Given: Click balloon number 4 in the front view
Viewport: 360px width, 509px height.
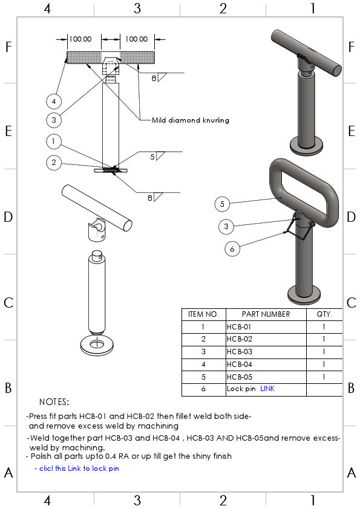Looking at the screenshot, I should pyautogui.click(x=54, y=100).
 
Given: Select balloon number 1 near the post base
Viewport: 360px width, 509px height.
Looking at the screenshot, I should pyautogui.click(x=54, y=141).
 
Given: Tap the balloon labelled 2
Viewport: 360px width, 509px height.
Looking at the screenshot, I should pyautogui.click(x=54, y=162).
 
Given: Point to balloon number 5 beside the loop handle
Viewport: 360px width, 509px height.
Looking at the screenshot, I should pyautogui.click(x=223, y=204).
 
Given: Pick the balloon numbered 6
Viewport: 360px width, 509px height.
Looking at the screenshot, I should pyautogui.click(x=232, y=248).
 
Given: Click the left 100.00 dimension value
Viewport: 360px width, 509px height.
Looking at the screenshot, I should pyautogui.click(x=80, y=39).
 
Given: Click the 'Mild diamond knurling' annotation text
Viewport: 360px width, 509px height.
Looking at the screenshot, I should pyautogui.click(x=191, y=120).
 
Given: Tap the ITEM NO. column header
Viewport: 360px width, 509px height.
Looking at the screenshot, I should pyautogui.click(x=203, y=314).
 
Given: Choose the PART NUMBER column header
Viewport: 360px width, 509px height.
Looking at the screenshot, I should pyautogui.click(x=266, y=314).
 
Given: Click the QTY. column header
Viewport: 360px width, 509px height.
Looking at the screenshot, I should pyautogui.click(x=324, y=314).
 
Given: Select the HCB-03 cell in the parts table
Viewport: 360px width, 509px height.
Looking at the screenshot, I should pyautogui.click(x=240, y=352).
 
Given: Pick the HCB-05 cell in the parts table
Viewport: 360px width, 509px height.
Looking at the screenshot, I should pyautogui.click(x=240, y=377).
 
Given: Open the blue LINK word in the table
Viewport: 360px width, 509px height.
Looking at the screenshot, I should pyautogui.click(x=267, y=389).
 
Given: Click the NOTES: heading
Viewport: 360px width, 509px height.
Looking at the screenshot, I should pyautogui.click(x=54, y=402).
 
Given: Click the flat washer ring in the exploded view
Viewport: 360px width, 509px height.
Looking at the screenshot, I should pyautogui.click(x=96, y=346).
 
